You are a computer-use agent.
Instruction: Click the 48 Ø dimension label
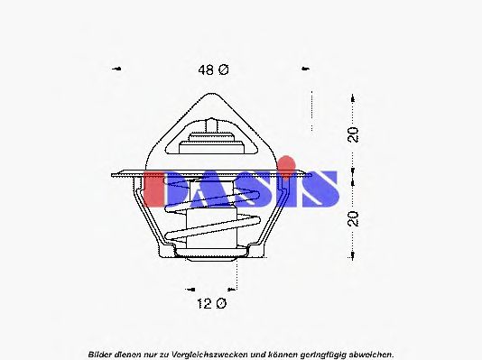[x=209, y=69]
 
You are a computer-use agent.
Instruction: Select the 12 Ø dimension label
[x=209, y=305]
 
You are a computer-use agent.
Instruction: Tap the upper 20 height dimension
[x=355, y=134]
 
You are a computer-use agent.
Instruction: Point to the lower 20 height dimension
[x=355, y=218]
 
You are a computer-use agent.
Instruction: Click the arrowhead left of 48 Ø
[x=116, y=69]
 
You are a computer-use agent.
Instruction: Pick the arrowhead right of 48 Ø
[x=304, y=69]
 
